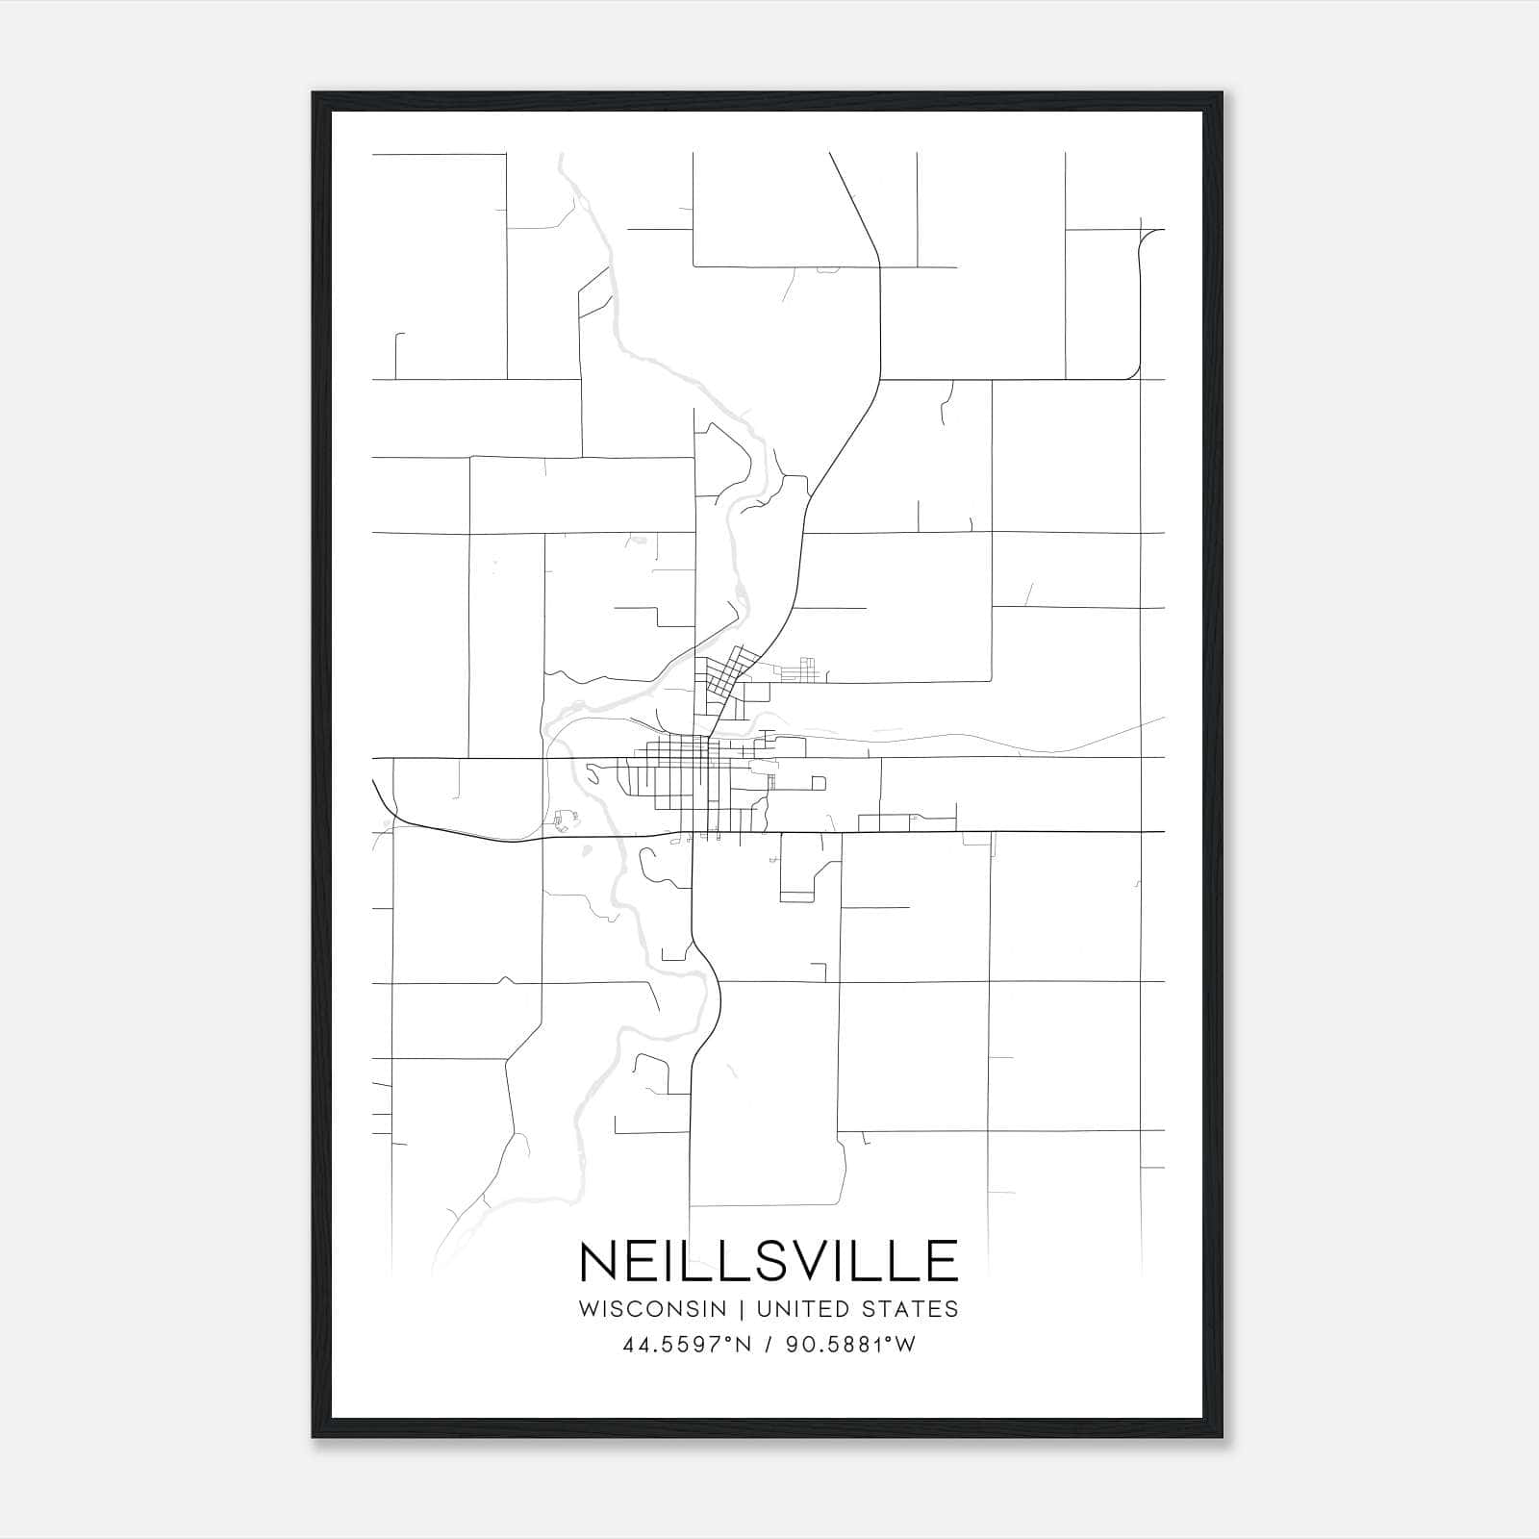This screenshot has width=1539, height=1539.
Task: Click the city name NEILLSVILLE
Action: point(769,1261)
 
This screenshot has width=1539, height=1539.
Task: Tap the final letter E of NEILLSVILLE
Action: point(943,1261)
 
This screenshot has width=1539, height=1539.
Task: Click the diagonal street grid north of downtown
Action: point(729,670)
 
